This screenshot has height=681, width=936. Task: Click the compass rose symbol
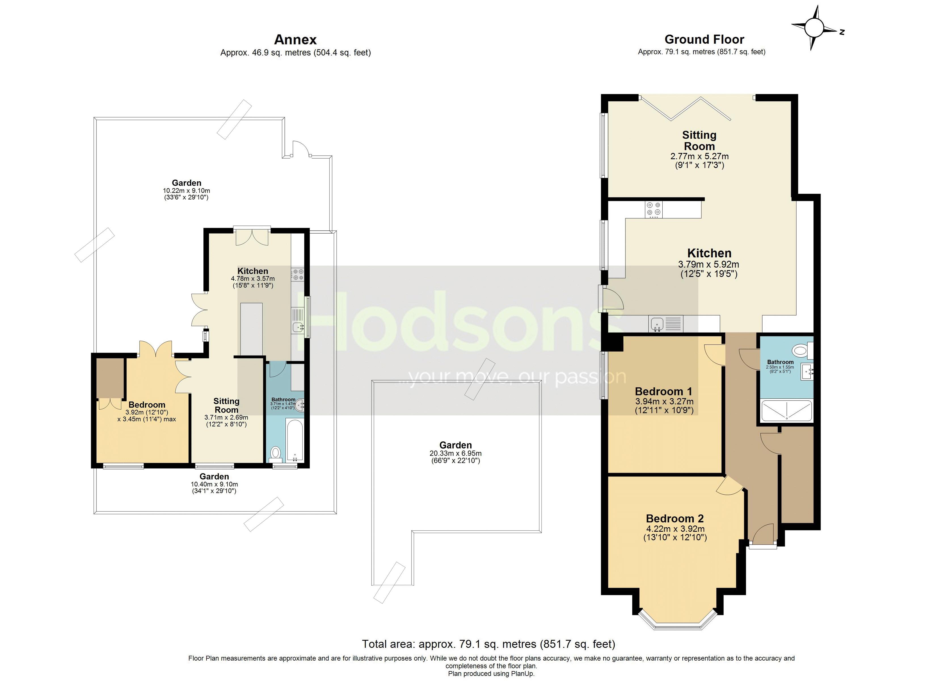coord(813,28)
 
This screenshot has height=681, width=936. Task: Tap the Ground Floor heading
coord(704,40)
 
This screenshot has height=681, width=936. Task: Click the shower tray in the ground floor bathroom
coord(786,411)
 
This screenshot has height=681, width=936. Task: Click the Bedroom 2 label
coord(675,518)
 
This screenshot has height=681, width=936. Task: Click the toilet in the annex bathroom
coord(275,454)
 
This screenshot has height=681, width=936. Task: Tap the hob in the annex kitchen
coord(297,275)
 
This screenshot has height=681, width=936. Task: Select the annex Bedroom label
coord(147,405)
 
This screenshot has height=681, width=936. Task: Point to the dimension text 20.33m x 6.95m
coord(455,453)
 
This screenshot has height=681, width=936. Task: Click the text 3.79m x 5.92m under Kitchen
coord(708,264)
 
